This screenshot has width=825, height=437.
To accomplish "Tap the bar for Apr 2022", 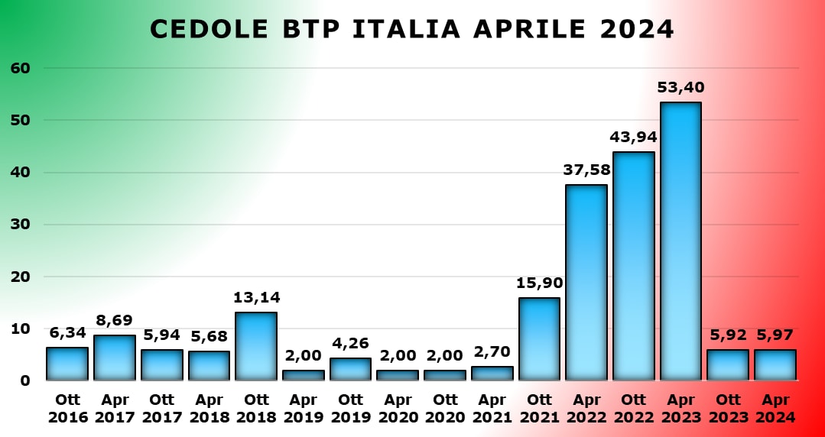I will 586,283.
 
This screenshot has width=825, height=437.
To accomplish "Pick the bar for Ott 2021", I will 539,339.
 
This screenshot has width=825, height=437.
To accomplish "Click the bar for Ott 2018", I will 256,346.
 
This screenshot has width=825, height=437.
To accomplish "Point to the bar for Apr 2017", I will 115,358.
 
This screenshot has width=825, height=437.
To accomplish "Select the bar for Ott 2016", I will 67,364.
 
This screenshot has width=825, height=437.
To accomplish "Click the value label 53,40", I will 680,87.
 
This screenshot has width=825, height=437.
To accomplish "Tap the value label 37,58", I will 586,170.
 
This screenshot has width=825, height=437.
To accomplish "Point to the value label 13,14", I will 256,297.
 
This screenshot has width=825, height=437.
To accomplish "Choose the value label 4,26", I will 351,343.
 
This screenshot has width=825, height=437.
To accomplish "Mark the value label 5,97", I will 775,335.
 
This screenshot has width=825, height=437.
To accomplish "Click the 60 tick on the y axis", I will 20,68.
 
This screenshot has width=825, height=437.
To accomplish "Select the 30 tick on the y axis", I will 20,225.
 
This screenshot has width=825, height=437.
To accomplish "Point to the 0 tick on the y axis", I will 24,380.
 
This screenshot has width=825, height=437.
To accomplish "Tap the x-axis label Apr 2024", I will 775,408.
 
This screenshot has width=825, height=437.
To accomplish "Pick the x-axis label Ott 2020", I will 445,408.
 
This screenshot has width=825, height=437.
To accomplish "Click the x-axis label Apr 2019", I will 304,408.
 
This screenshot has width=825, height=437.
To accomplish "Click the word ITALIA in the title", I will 407,29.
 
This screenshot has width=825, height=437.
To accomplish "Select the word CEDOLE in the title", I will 208,29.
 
